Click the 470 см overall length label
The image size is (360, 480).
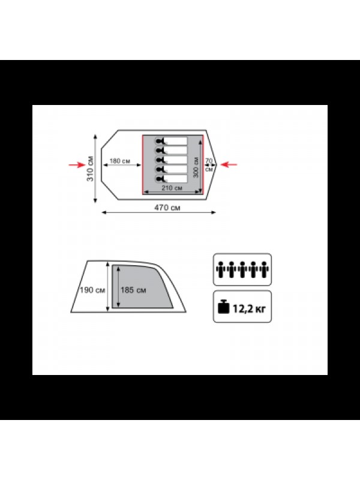tap(167, 208)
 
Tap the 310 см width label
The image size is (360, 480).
tap(91, 169)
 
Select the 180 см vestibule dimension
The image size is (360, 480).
tap(119, 161)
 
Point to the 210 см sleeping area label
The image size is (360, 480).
tap(172, 188)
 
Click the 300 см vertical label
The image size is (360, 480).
tap(196, 167)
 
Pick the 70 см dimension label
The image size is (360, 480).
tap(209, 164)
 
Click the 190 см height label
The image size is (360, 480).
tap(92, 290)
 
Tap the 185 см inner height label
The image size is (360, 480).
tap(133, 290)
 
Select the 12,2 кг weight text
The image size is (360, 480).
tap(249, 308)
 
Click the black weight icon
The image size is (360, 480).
tap(223, 306)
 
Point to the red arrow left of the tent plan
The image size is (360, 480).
tap(77, 164)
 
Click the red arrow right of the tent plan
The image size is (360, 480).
tap(229, 164)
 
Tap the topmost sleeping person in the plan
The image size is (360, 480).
tap(171, 141)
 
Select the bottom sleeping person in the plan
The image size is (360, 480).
tap(171, 179)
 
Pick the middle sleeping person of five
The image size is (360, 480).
tap(171, 160)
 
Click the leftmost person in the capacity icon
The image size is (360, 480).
tap(220, 269)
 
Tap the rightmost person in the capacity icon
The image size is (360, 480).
tap(264, 269)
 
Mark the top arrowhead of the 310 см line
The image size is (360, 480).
tap(95, 137)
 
